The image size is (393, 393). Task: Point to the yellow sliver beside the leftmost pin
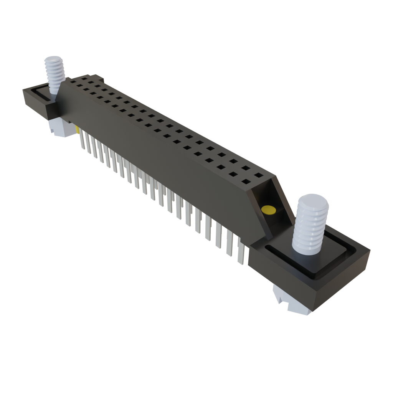coord(78,130)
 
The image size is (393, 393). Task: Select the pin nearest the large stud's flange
coord(241,251)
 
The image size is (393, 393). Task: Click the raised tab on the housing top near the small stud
coord(97,79)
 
